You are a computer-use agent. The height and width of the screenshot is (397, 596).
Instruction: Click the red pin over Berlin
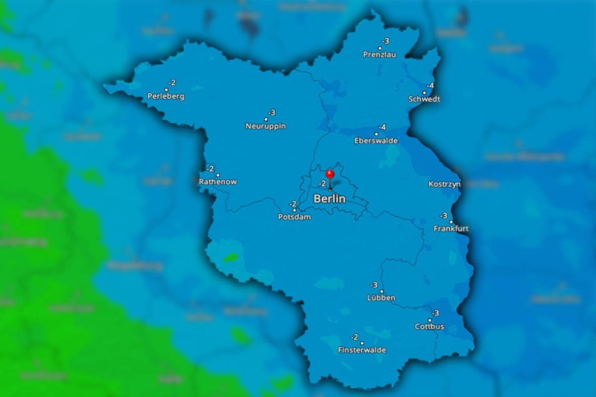pos(330,174)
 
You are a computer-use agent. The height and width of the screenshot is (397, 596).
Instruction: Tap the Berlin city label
pos(330,198)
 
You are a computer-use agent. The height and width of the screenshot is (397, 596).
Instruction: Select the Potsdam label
pos(294,217)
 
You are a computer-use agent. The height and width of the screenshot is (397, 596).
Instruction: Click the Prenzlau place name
pos(380,54)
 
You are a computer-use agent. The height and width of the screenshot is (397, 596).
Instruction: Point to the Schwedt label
pos(424,99)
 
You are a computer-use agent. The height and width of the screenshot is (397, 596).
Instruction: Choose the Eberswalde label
pos(376,141)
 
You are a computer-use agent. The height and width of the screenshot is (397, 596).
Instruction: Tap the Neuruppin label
pos(266,126)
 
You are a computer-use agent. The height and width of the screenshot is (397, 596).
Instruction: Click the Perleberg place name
pos(166,96)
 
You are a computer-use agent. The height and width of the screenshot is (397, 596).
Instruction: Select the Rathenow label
pos(218,182)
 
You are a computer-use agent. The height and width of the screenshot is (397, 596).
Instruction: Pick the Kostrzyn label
pos(444,184)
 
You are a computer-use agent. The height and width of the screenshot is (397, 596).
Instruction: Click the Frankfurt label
pos(451,229)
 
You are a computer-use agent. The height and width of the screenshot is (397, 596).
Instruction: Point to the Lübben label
pos(381,298)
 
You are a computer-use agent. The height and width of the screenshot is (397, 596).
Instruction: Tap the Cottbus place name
pos(429,326)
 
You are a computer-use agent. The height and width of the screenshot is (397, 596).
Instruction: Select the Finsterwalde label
pos(362,350)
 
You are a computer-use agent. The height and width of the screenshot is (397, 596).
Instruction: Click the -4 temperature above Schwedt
pos(431,86)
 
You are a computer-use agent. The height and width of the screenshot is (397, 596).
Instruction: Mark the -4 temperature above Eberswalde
pos(382,128)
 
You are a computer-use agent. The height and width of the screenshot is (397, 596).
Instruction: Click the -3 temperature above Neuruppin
pos(271,113)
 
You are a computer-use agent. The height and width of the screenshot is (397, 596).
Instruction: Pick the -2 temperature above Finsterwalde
pos(354,338)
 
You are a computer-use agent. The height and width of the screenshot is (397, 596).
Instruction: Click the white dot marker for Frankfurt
pos(451,222)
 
